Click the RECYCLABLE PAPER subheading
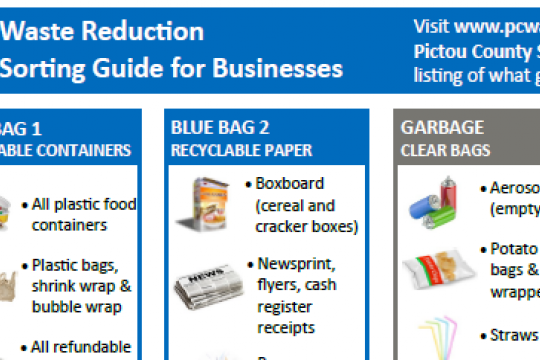coord(241,151)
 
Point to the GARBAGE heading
coord(442,128)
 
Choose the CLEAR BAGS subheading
coord(445,151)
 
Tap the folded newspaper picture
coord(204,283)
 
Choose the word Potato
coord(513,248)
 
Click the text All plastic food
coord(84,205)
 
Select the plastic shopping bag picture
coord(8,281)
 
